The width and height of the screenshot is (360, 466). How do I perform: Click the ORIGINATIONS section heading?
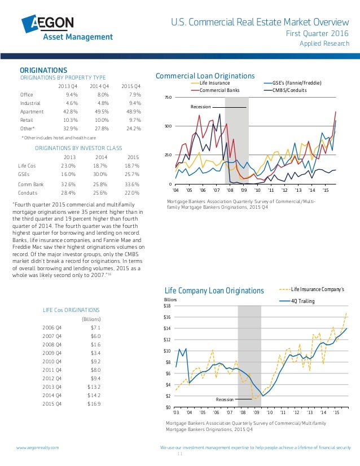(x=44, y=69)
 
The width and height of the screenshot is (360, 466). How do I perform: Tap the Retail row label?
(x=27, y=121)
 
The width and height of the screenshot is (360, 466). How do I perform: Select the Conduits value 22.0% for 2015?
(x=131, y=192)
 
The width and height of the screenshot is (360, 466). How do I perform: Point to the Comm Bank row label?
(x=31, y=184)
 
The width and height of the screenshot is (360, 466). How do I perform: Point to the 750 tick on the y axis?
(x=168, y=98)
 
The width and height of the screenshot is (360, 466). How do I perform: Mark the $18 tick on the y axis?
(x=167, y=305)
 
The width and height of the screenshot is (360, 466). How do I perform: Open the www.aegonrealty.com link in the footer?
(x=37, y=447)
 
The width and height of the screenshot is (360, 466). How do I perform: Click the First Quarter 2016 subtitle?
(x=318, y=34)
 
